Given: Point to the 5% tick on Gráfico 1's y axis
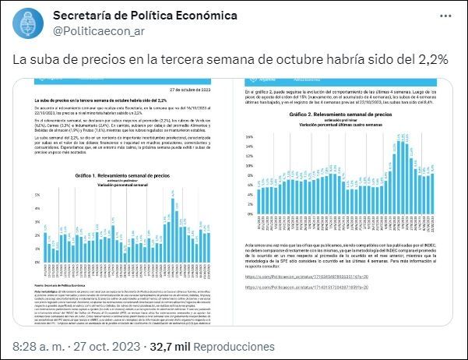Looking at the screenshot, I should tap(37, 195).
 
